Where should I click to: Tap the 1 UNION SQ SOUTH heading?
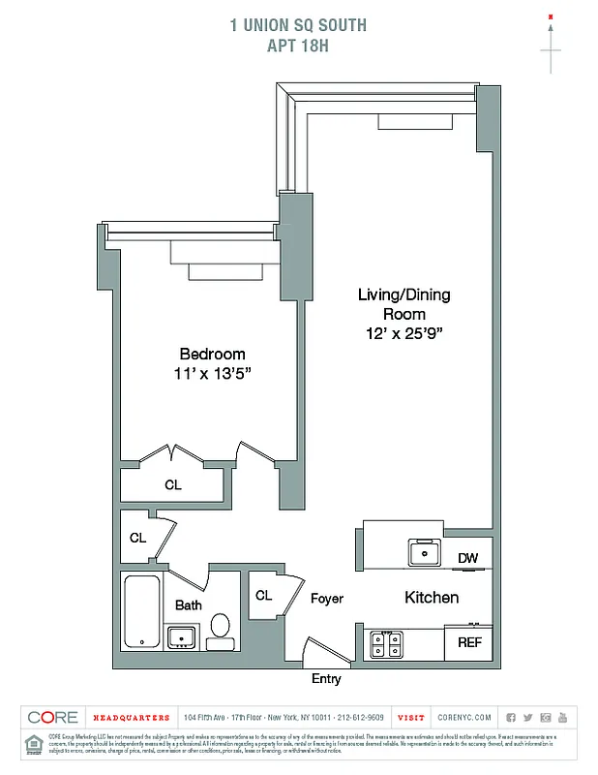(x=298, y=24)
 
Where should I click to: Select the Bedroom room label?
(x=212, y=355)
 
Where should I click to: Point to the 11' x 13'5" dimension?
(x=212, y=373)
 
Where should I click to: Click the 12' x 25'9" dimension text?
(x=404, y=332)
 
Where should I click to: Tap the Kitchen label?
(x=432, y=598)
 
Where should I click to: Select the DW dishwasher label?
(x=467, y=558)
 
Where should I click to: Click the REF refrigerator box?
(x=469, y=642)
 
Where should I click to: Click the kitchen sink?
(x=424, y=553)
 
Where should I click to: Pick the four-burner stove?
(x=386, y=643)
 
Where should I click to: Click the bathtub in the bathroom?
(x=142, y=612)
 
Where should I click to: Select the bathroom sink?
(x=181, y=636)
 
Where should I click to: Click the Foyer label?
(x=327, y=599)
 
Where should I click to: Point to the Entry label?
(x=326, y=679)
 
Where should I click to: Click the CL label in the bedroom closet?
(x=172, y=484)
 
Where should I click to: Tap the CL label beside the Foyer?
(x=263, y=596)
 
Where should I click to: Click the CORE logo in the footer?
(x=53, y=718)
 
